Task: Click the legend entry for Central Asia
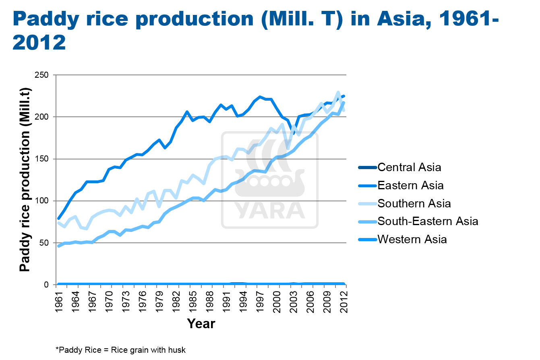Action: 409,167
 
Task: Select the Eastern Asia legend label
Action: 410,185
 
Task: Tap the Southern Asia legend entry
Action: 414,203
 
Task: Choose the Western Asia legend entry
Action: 412,239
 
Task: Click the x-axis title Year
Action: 201,323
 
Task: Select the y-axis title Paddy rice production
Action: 25,179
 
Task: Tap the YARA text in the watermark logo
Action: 269,209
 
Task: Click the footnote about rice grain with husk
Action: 120,350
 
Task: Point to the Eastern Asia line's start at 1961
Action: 59,218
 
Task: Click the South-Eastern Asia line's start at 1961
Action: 59,246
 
